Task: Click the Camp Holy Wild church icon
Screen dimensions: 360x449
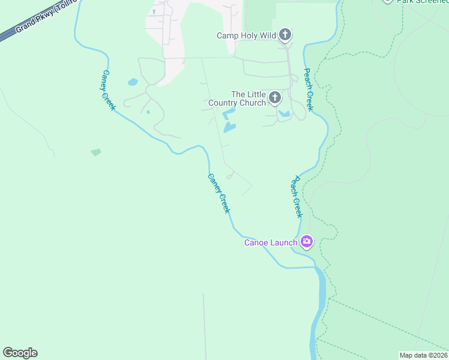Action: click(x=286, y=35)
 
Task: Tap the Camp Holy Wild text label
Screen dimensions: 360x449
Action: click(x=246, y=36)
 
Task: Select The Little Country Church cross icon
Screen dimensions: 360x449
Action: click(x=275, y=97)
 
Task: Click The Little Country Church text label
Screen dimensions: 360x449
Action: click(x=237, y=99)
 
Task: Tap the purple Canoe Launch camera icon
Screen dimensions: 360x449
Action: click(x=307, y=241)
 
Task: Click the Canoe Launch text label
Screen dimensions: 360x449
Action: click(x=270, y=243)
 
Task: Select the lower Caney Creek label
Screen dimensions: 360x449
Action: click(x=218, y=193)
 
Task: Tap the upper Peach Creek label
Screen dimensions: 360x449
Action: click(x=308, y=89)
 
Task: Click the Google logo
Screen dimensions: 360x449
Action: click(x=20, y=353)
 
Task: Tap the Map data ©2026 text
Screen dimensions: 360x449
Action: click(x=423, y=355)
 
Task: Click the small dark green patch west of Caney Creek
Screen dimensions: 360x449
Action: click(x=96, y=152)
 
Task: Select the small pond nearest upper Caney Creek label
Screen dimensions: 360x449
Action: click(x=133, y=82)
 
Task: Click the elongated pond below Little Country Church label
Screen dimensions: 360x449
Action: click(x=229, y=127)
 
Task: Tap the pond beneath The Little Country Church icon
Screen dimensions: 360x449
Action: click(x=285, y=113)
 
